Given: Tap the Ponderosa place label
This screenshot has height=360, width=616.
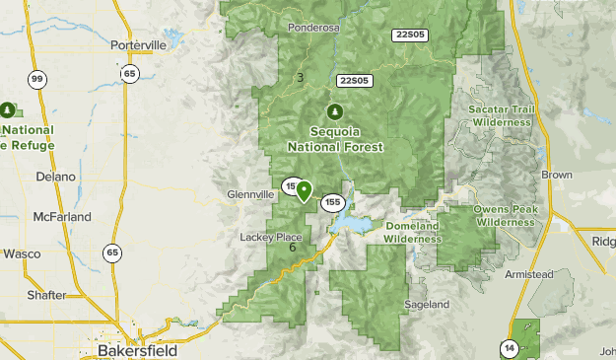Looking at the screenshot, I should tap(313, 28).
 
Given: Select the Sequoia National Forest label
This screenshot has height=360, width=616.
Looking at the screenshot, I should tap(335, 139).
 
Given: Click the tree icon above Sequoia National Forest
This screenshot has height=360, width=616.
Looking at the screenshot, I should tap(335, 110).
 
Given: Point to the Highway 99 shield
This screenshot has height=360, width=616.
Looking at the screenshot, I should tap(37, 80).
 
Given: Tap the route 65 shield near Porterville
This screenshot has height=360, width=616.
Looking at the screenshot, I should tap(130, 73).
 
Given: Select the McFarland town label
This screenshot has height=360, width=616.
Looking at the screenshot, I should tap(61, 216).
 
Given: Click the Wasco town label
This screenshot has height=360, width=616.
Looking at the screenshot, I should tap(21, 253).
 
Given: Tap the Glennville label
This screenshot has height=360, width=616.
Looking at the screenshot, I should tap(250, 194).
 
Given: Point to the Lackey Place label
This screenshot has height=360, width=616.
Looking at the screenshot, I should tap(270, 237).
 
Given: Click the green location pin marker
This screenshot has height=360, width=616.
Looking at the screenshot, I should tap(304, 190).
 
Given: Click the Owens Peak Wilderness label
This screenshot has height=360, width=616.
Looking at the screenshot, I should tap(504, 215).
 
